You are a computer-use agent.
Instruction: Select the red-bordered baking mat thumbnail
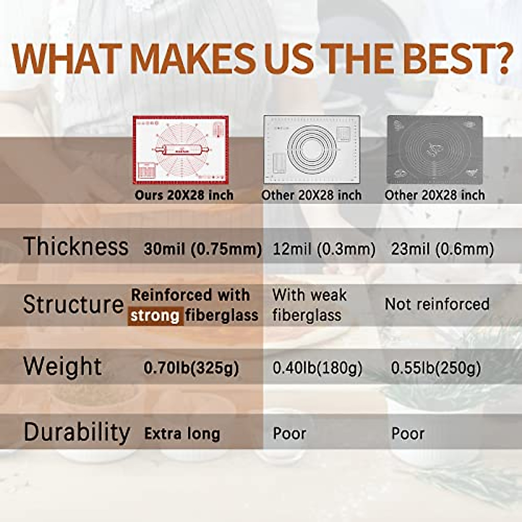click(x=181, y=150)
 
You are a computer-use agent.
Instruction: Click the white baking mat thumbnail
click(x=312, y=149)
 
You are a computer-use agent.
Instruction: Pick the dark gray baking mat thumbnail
click(x=435, y=150)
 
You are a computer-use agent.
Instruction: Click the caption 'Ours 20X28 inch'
click(x=184, y=195)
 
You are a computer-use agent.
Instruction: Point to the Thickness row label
click(x=76, y=246)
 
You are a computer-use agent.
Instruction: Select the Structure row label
click(x=74, y=304)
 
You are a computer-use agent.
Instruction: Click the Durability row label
click(x=77, y=432)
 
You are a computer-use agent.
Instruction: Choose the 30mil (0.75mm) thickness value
click(x=203, y=249)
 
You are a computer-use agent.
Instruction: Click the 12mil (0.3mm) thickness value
click(x=324, y=249)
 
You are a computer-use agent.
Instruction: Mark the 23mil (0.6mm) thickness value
click(x=442, y=249)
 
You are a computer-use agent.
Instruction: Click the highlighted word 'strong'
click(x=155, y=316)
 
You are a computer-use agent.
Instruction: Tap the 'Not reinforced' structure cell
click(x=437, y=304)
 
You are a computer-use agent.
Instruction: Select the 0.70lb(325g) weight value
click(x=191, y=368)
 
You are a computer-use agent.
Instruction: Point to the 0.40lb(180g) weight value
click(x=317, y=368)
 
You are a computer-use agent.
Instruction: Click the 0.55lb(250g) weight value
click(x=436, y=368)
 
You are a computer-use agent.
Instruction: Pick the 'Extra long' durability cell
click(x=182, y=434)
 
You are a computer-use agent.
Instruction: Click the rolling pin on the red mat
click(x=181, y=150)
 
